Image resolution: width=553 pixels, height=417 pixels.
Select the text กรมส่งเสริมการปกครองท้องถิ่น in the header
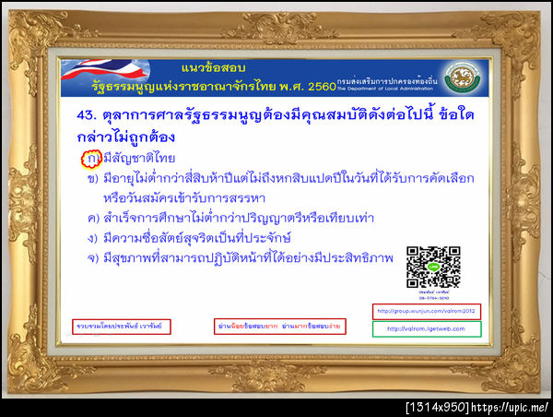[386, 80]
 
